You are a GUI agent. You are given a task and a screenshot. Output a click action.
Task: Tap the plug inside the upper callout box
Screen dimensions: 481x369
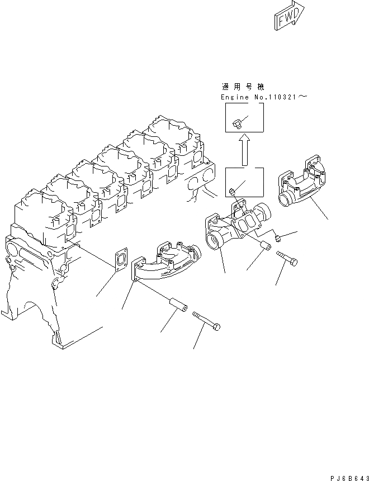238,121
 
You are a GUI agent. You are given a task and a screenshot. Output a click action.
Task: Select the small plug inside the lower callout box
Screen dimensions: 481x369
232,192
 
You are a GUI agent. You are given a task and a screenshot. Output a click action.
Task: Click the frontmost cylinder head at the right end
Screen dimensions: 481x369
171,137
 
